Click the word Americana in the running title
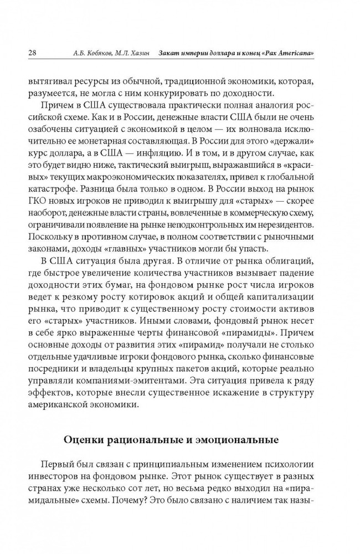tap(292, 53)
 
